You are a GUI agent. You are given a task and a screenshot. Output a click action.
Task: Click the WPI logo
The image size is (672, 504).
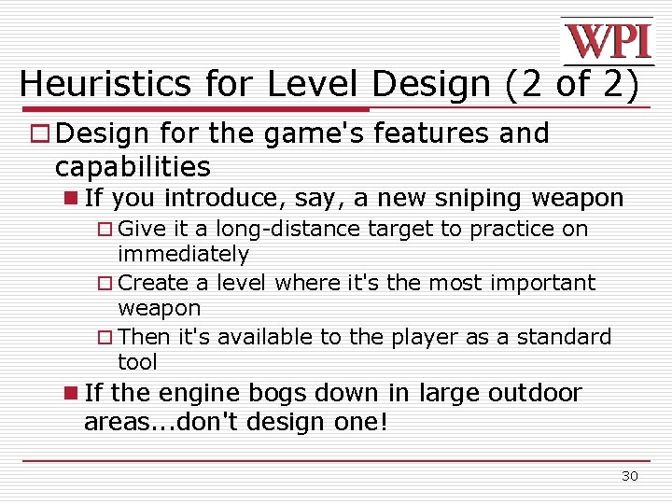[x=607, y=40]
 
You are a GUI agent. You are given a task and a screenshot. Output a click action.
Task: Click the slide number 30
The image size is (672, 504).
[x=630, y=476]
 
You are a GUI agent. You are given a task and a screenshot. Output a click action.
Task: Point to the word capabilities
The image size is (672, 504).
[x=133, y=167]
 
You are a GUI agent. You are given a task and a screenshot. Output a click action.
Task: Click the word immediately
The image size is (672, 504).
[x=183, y=254]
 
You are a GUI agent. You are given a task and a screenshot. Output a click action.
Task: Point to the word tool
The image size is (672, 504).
[x=137, y=361]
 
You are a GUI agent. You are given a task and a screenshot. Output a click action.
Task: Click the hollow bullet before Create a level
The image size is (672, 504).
[x=105, y=283]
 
